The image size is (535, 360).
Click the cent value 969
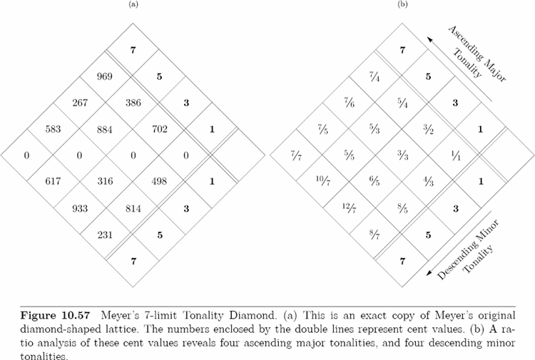[105, 76]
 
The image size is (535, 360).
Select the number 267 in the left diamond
[80, 103]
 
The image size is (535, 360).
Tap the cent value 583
[53, 129]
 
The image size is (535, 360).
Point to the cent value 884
[105, 129]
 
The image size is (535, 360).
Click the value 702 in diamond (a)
[160, 129]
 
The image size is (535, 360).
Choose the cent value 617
[53, 181]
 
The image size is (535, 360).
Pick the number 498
[159, 181]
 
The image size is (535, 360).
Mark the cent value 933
[80, 208]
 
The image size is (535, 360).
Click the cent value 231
[105, 235]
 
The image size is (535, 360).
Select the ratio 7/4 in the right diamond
[374, 77]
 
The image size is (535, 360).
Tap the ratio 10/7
[323, 181]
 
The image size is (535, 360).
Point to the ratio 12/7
[350, 207]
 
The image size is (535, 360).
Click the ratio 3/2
[428, 129]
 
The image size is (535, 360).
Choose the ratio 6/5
[374, 181]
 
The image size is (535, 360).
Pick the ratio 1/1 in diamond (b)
[456, 156]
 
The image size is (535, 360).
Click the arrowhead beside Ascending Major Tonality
[430, 40]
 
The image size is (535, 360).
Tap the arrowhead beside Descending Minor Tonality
[430, 272]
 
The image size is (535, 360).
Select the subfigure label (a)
[133, 4]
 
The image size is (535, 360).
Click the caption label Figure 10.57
[55, 315]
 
